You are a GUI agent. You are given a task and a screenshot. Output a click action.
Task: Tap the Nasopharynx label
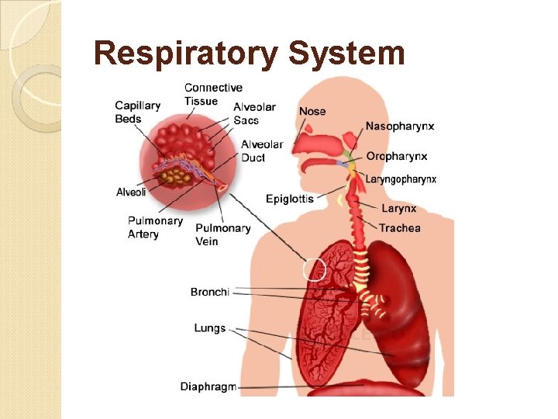click(x=400, y=126)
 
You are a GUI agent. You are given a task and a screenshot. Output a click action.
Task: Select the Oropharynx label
click(x=396, y=156)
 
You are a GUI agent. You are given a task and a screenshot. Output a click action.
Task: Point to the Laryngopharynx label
click(x=401, y=179)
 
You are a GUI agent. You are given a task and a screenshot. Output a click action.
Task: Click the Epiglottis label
click(x=289, y=199)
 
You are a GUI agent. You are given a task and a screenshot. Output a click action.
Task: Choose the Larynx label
click(x=398, y=208)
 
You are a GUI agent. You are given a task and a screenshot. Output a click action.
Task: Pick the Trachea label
click(x=400, y=228)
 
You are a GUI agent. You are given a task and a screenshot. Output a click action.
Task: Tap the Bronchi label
click(x=210, y=292)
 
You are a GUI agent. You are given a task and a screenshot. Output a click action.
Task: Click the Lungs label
click(x=210, y=328)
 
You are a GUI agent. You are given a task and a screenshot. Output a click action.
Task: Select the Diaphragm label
click(x=208, y=386)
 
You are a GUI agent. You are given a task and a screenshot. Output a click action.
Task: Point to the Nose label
click(x=312, y=111)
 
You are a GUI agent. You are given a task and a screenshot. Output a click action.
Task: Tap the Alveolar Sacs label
click(x=254, y=113)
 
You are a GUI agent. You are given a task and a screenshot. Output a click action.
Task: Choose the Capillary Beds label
click(x=138, y=113)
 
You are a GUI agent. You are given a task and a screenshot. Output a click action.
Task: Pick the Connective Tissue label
click(x=213, y=94)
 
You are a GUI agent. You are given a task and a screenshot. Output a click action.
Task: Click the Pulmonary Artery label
click(x=155, y=227)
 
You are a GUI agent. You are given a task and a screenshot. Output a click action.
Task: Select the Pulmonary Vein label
click(x=222, y=234)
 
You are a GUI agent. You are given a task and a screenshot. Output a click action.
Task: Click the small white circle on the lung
click(x=315, y=270)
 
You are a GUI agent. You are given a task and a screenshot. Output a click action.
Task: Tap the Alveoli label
click(x=131, y=192)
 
